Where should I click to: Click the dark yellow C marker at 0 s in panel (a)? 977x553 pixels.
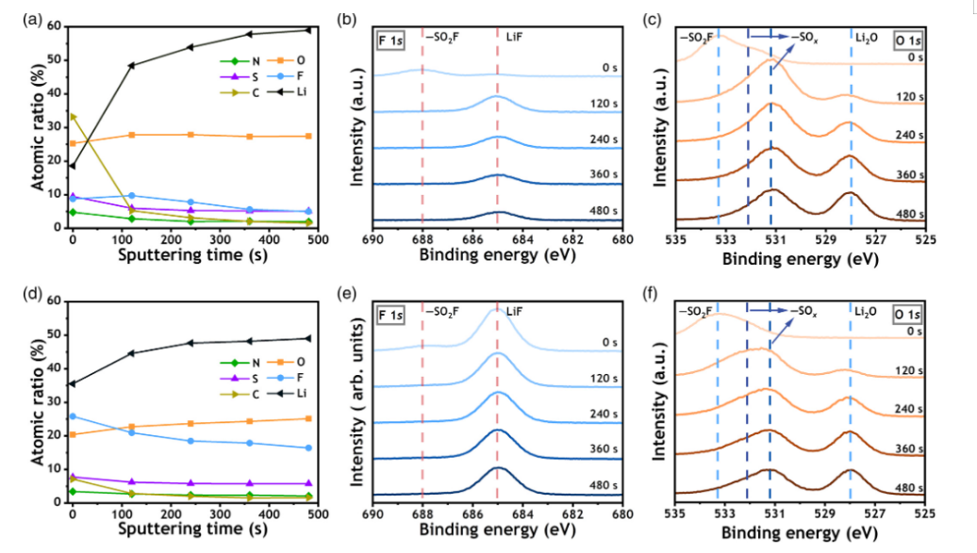[72, 116]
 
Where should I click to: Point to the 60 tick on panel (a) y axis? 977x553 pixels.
[56, 26]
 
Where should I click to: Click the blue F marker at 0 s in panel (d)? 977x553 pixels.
[72, 415]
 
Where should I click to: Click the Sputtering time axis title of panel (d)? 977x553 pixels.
[193, 531]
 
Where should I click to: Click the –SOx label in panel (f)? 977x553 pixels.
[803, 311]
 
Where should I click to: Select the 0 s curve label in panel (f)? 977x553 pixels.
[913, 332]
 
